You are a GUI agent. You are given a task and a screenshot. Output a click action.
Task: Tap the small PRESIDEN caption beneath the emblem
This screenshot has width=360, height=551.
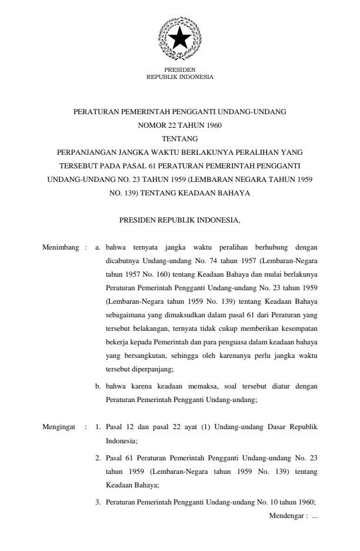[x=179, y=70]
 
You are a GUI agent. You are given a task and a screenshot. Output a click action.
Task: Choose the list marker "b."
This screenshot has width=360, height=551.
[x=98, y=386]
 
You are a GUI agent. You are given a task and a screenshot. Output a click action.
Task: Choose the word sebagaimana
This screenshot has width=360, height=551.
[x=125, y=311]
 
